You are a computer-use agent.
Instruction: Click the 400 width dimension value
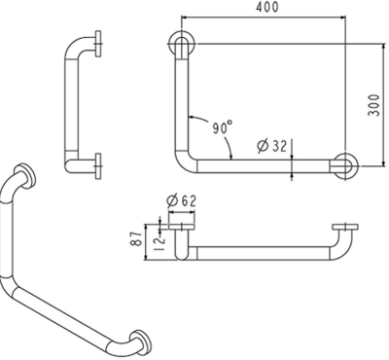pyautogui.click(x=265, y=8)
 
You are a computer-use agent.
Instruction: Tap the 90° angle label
pyautogui.click(x=222, y=127)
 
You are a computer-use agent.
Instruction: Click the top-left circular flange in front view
pyautogui.click(x=182, y=46)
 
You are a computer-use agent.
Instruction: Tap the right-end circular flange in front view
pyautogui.click(x=346, y=165)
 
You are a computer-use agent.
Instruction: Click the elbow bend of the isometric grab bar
pyautogui.click(x=19, y=292)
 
